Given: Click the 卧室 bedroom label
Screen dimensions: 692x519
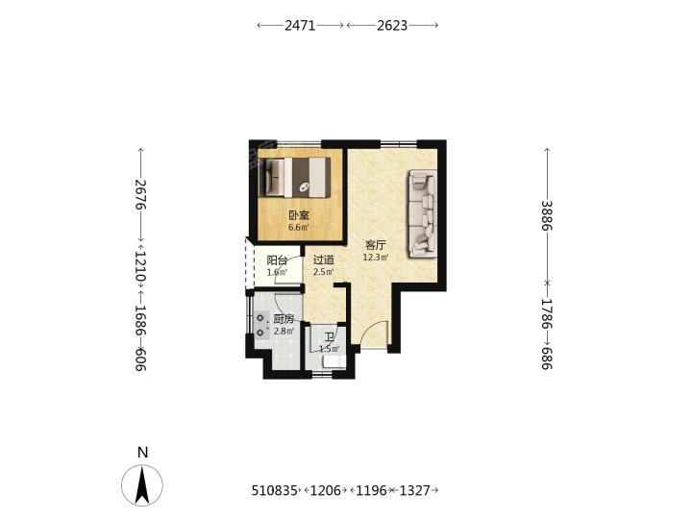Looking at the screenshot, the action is click(299, 215).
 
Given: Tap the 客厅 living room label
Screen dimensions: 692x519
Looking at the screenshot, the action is click(376, 245).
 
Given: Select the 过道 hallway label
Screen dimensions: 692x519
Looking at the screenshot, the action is click(324, 259).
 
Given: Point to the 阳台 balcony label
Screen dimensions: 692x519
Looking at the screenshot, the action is click(277, 259).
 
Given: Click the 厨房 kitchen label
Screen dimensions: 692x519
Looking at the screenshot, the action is click(284, 319).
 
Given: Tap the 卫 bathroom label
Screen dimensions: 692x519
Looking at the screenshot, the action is click(330, 338).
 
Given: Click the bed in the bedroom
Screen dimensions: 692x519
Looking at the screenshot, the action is click(297, 178).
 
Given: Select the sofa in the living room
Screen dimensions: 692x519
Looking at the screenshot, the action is click(422, 213).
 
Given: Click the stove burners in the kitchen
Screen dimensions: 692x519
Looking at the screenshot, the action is click(261, 325).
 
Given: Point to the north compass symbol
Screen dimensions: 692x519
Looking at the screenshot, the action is click(142, 484).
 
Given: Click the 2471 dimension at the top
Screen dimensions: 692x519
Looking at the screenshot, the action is click(300, 26).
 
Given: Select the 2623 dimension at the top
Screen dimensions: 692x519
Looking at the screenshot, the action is click(392, 26).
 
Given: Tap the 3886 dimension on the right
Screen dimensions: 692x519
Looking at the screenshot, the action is click(547, 215).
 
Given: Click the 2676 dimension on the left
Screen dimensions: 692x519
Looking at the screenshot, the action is click(140, 194).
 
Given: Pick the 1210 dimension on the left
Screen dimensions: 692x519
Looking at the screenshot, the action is click(140, 266).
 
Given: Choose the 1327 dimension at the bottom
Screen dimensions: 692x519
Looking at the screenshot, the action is click(414, 490).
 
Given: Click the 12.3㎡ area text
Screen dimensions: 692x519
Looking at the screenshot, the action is click(376, 258).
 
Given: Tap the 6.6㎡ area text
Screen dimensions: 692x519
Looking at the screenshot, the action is click(299, 228).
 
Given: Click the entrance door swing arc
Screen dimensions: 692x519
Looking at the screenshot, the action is click(373, 330).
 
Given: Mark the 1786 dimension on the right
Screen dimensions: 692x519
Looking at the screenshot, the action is click(547, 314).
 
